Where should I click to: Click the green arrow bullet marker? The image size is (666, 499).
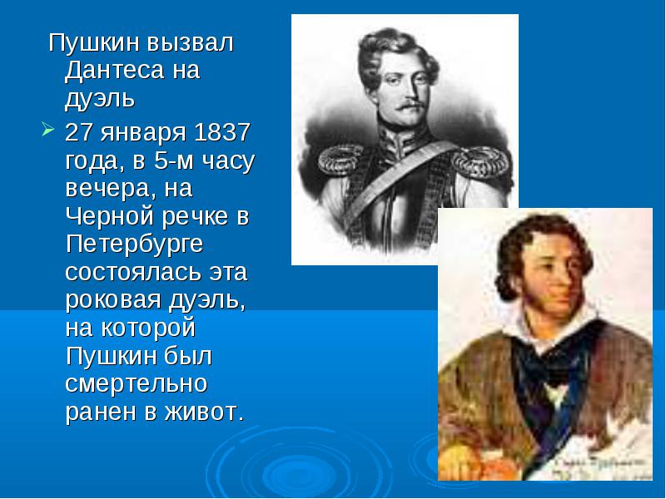coord(48,130)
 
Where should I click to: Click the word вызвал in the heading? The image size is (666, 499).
coord(191,42)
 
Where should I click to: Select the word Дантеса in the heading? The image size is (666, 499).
coord(114,70)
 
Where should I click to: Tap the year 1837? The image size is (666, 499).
coord(221,132)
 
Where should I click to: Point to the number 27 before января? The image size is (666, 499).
coord(79,132)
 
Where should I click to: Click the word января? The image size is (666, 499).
coord(143,134)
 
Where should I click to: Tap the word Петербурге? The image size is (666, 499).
coord(134,245)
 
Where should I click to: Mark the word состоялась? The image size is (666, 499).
coord(133,272)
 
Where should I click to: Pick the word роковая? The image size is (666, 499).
coord(113,300)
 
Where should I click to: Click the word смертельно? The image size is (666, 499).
coord(136,383)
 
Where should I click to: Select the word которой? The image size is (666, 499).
coord(148,328)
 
